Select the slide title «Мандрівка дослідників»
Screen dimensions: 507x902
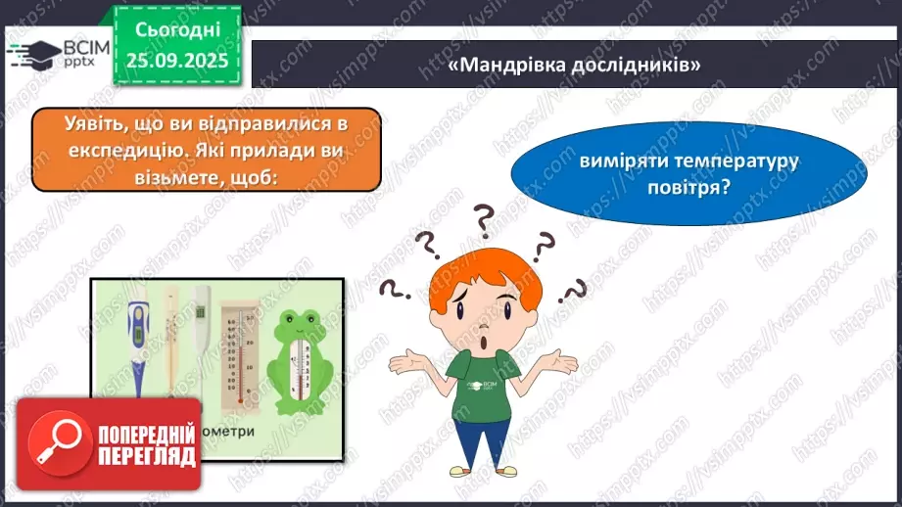pyautogui.click(x=575, y=65)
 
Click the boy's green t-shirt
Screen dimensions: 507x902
pyautogui.click(x=486, y=392)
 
